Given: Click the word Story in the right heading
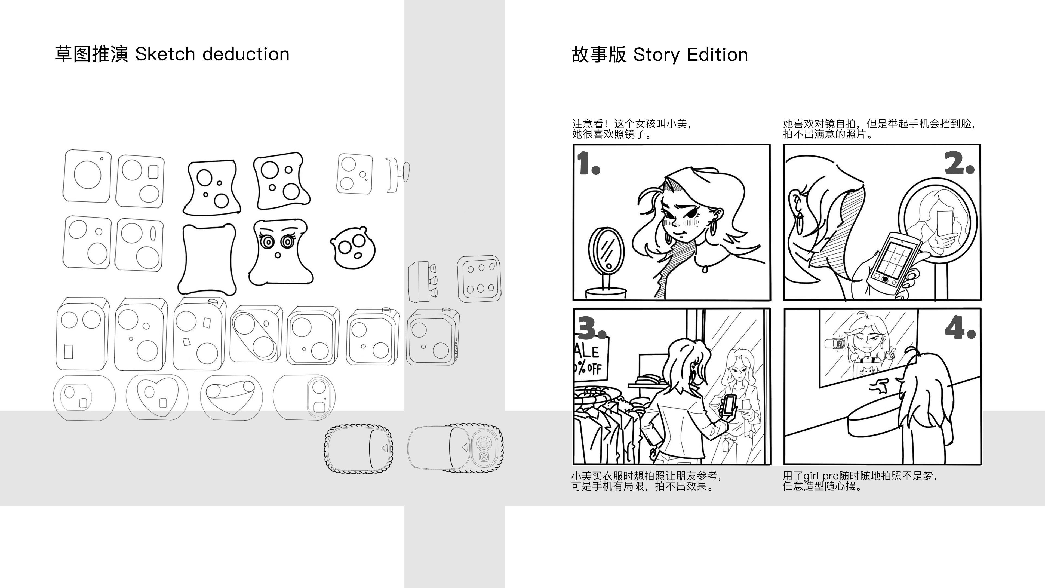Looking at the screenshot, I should tap(656, 55).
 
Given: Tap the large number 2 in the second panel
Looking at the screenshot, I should tap(958, 164).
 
